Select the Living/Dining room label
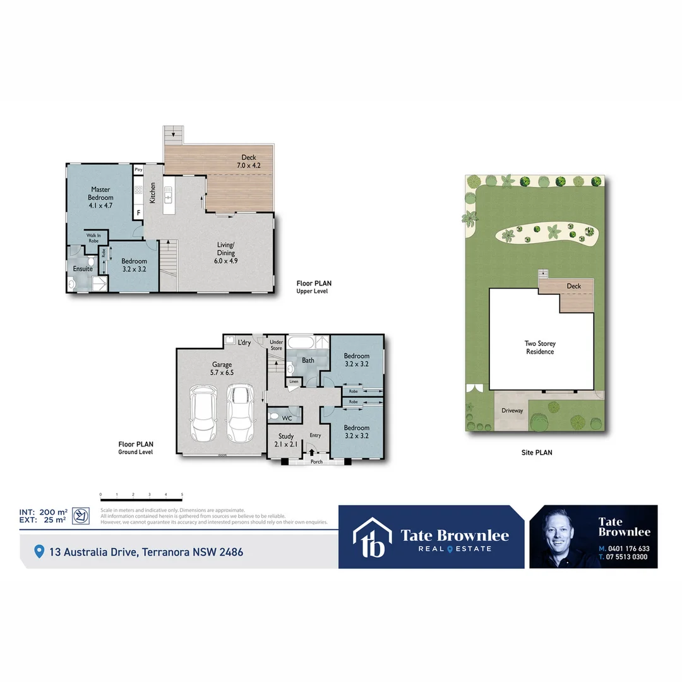225,252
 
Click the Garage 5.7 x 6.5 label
222,368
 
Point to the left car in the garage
204,415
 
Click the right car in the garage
239,414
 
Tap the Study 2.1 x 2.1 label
286,440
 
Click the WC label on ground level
287,418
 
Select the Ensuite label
83,269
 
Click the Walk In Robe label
93,238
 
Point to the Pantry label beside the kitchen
138,170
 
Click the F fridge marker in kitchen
138,213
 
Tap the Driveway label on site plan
512,410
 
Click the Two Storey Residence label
540,347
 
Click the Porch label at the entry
316,462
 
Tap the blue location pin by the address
39,552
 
